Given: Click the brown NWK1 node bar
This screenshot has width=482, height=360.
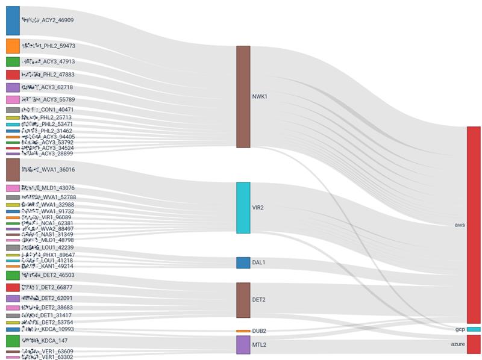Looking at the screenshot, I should coord(243,96).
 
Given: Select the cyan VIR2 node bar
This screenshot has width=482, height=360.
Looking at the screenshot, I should coord(243,208).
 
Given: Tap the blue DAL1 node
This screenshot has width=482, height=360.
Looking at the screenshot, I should coord(243,262).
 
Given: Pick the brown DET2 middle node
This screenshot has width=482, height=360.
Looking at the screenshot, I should coord(243,300).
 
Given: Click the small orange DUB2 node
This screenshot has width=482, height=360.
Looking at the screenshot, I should coord(243,331).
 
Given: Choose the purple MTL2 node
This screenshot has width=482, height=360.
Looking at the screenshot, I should coord(243,344).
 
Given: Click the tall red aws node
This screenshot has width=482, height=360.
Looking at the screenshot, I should coord(473,225).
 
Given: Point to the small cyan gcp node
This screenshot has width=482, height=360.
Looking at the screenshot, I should coord(473,329).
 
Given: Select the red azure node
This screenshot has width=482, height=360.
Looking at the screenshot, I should coord(473,344).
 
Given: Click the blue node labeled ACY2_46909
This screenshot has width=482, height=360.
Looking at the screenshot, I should coord(13,20).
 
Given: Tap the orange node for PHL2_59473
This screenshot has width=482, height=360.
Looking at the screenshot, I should coord(13,46).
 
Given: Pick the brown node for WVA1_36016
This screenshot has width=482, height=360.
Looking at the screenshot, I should coord(13,170).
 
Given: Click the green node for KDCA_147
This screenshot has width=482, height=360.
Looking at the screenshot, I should coord(13,341).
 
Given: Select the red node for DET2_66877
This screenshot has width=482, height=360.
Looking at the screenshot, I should coord(13,287).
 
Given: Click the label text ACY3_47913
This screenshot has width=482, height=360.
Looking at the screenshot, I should coord(48,61).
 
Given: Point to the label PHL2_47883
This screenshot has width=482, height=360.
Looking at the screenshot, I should coord(48,75).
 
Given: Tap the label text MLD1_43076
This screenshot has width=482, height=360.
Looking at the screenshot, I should coord(48,188).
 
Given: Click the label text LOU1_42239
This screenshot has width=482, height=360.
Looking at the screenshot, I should coord(48,247).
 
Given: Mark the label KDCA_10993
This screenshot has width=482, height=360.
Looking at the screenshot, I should coord(48,329).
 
